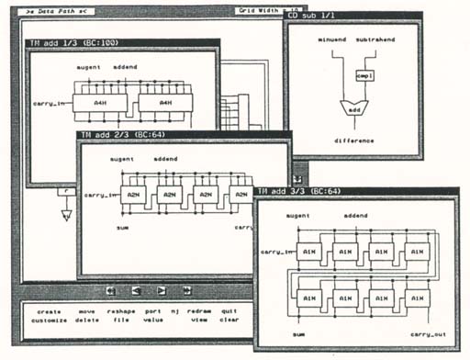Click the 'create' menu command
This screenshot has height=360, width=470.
[x=49, y=311]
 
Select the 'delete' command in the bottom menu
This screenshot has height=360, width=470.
[x=89, y=321]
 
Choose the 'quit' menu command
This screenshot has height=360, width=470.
[x=229, y=311]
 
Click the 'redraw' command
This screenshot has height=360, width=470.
[x=198, y=311]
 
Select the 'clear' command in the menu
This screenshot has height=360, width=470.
[x=229, y=321]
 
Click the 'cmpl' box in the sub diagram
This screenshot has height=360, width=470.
[x=364, y=75]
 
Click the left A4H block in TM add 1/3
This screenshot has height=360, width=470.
[x=104, y=104]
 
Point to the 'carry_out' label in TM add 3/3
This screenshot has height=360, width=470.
[x=428, y=333]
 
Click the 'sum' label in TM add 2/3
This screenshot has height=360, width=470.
[x=121, y=226]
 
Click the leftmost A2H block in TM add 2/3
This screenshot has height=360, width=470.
[x=136, y=195]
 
